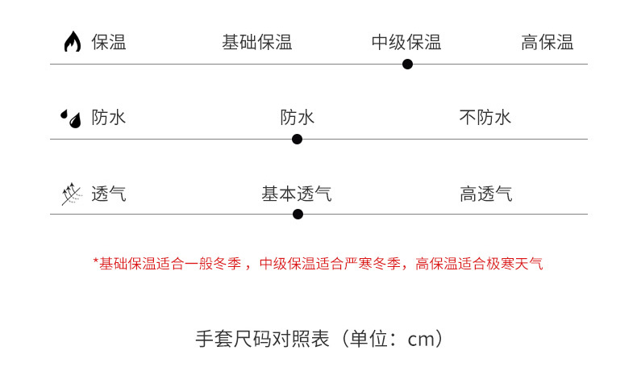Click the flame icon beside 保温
[x=73, y=42]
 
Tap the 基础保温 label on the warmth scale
[x=256, y=43]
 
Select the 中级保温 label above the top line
[x=406, y=43]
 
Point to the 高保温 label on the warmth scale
[x=547, y=43]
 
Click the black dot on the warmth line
[x=407, y=64]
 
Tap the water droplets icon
[x=71, y=119]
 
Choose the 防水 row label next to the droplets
[x=109, y=118]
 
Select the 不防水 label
[x=485, y=118]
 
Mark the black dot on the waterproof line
[x=297, y=139]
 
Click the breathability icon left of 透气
[x=71, y=194]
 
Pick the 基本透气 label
[x=296, y=194]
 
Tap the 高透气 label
[x=486, y=194]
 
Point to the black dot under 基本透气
[x=298, y=214]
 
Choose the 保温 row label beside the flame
[x=109, y=43]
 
